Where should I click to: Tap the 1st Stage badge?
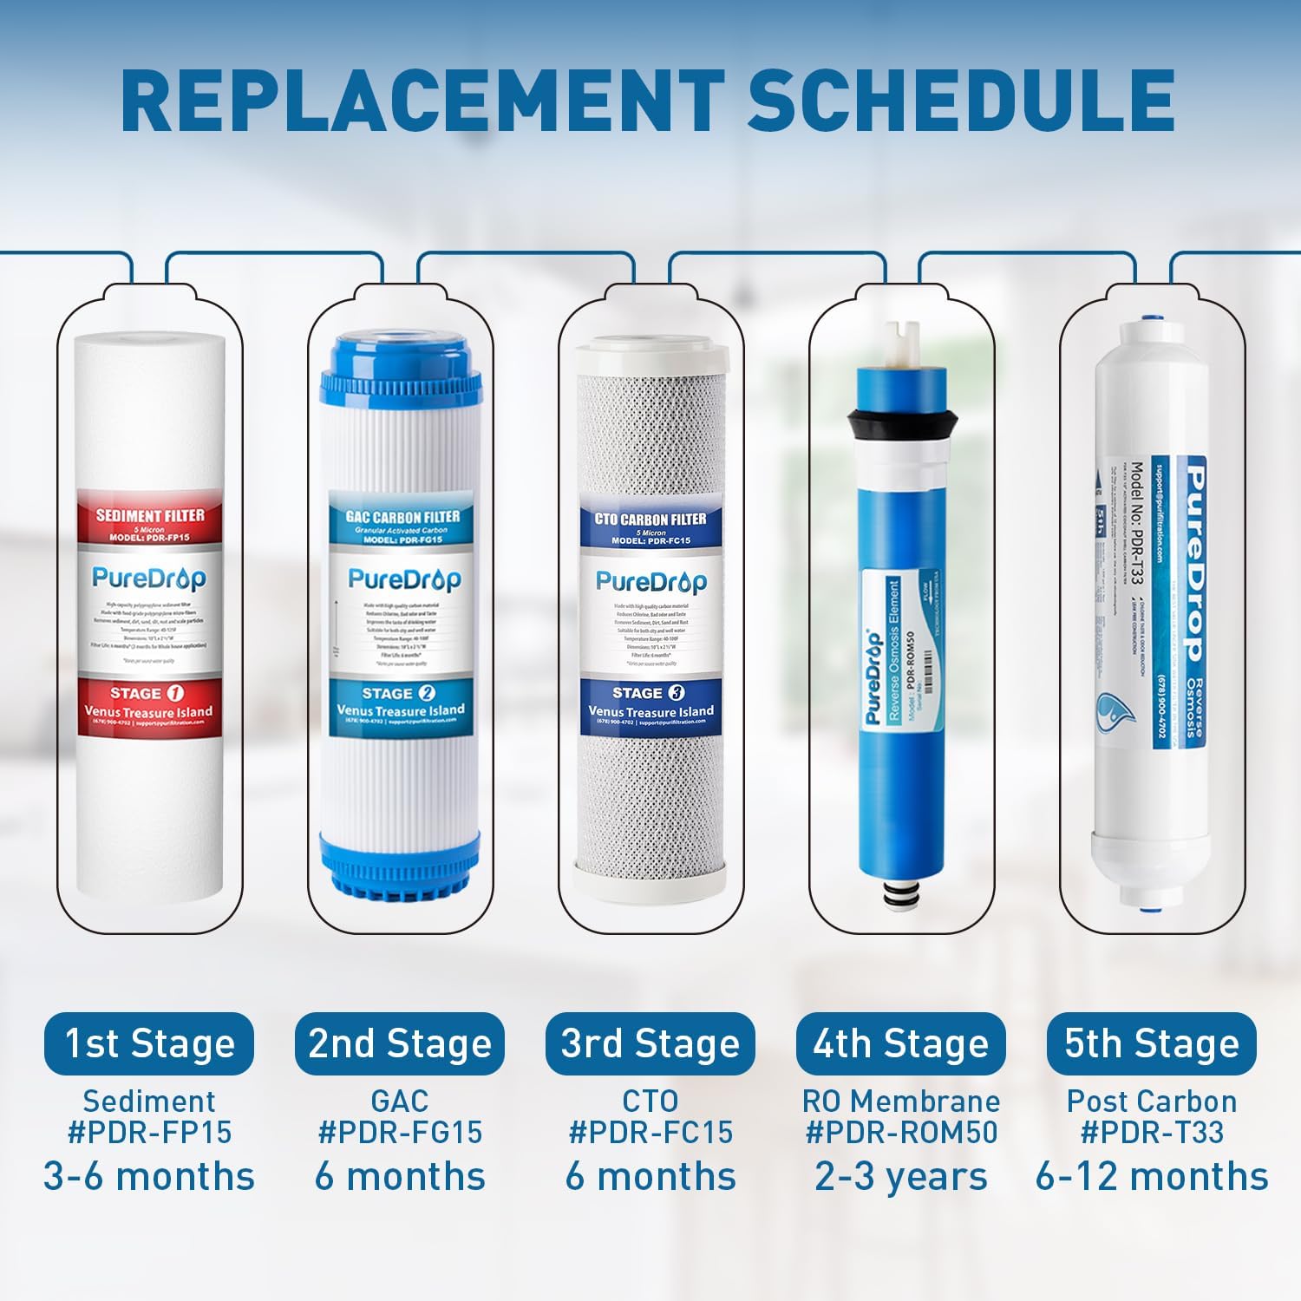click(x=149, y=1043)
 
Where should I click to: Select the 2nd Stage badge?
click(x=400, y=1043)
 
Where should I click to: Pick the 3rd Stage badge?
click(x=650, y=1043)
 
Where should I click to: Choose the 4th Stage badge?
click(x=900, y=1043)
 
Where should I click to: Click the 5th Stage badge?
click(x=1152, y=1043)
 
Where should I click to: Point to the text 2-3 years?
click(x=900, y=1177)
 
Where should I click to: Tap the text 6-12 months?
click(x=1152, y=1177)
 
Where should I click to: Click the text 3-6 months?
click(x=149, y=1177)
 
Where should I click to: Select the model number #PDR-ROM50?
click(x=901, y=1132)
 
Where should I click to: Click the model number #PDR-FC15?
click(x=650, y=1132)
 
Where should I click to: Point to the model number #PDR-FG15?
click(x=400, y=1132)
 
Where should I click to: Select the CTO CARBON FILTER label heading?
click(x=650, y=520)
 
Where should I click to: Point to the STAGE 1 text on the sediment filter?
click(x=147, y=694)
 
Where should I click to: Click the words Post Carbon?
click(x=1152, y=1102)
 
